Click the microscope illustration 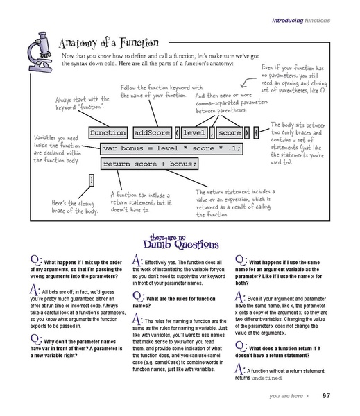(40, 53)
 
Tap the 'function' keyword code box (108, 132)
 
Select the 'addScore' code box (152, 132)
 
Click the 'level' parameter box (194, 132)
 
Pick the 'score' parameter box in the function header (230, 132)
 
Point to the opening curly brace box (256, 132)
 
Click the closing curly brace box (92, 180)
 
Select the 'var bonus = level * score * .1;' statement (171, 148)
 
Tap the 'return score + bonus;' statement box (149, 164)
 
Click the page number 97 (326, 396)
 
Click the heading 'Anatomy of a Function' (109, 43)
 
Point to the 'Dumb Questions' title (181, 241)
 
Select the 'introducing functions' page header (301, 20)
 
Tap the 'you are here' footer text (286, 396)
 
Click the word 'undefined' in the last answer (266, 378)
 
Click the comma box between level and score (212, 132)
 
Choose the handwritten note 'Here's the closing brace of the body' (75, 207)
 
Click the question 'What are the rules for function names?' (174, 302)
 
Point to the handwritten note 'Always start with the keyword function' (83, 103)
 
